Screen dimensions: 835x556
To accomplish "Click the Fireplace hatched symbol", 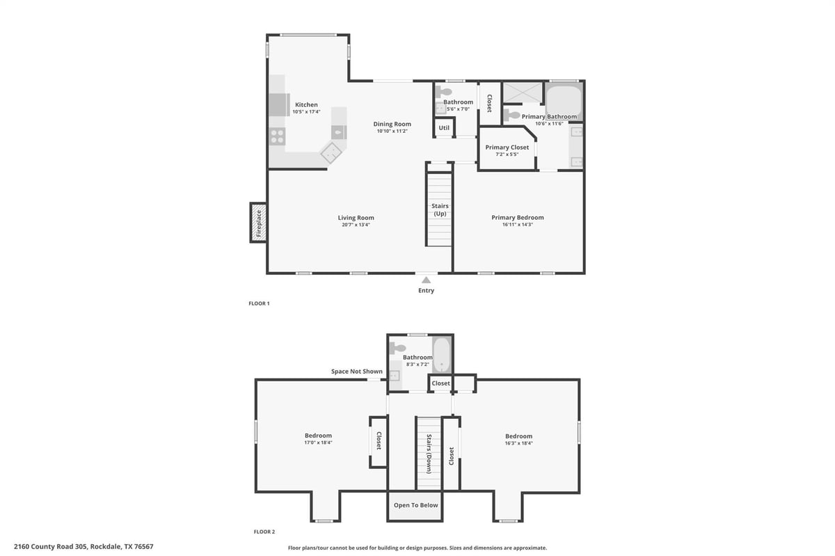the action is pyautogui.click(x=259, y=223).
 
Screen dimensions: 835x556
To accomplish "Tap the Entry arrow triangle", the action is pyautogui.click(x=426, y=280).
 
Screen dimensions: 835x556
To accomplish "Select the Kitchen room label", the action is pyautogui.click(x=306, y=105).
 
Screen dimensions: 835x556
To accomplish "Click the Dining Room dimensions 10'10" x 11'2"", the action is pyautogui.click(x=392, y=132).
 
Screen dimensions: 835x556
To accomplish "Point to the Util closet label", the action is pyautogui.click(x=444, y=128).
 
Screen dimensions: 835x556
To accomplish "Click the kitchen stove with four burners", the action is pyautogui.click(x=277, y=136).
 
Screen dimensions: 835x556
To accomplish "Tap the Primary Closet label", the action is pyautogui.click(x=507, y=148).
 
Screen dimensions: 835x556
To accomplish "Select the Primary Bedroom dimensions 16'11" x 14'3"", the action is pyautogui.click(x=518, y=225).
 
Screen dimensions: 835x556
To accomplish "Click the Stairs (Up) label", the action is pyautogui.click(x=440, y=209).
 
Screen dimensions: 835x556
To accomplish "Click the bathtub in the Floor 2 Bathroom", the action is pyautogui.click(x=442, y=355).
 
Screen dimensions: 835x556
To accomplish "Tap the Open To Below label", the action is pyautogui.click(x=415, y=505).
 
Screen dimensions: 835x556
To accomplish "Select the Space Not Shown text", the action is pyautogui.click(x=357, y=372).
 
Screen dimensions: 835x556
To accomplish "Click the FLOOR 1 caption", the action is pyautogui.click(x=259, y=303).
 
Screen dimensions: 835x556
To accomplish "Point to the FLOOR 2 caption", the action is pyautogui.click(x=264, y=532).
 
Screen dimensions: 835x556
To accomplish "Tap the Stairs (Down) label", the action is pyautogui.click(x=429, y=454).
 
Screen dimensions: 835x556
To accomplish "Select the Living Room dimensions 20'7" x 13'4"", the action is pyautogui.click(x=356, y=225).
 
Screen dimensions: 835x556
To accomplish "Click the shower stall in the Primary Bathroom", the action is pyautogui.click(x=523, y=92).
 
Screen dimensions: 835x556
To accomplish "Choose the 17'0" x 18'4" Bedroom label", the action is pyautogui.click(x=318, y=439).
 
